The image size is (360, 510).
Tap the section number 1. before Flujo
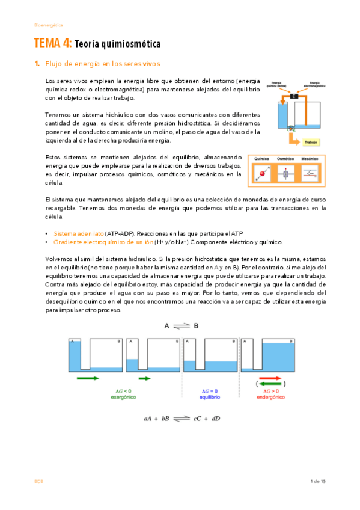click(37, 64)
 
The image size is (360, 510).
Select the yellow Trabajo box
click(311, 143)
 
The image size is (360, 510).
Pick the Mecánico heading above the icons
click(310, 159)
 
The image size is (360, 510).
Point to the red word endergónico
click(270, 398)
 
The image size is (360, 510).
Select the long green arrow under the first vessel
click(89, 378)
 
